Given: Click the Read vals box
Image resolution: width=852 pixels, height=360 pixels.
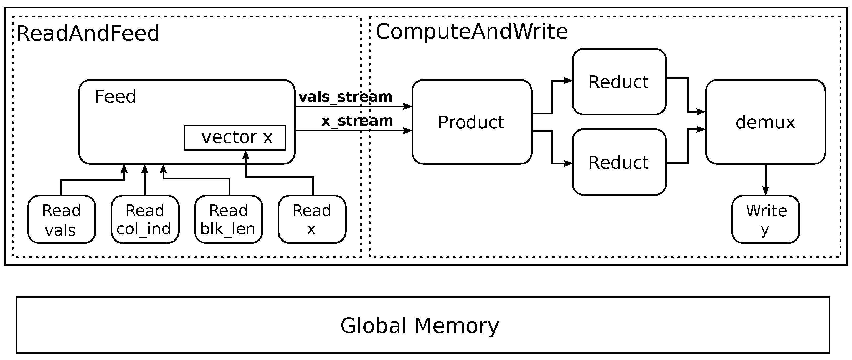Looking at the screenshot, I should pos(62,219).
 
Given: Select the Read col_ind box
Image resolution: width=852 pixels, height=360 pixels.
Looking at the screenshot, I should pos(145,219).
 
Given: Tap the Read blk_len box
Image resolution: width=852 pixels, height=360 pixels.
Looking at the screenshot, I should pos(229,219).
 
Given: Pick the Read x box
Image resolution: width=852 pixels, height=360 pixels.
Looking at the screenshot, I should pos(312,219).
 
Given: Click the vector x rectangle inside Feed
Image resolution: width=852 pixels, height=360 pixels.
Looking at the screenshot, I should pos(235,137).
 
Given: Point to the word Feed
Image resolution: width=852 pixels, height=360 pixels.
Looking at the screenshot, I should pos(115,97).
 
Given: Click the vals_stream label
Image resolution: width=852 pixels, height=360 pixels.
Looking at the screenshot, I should pos(345,97).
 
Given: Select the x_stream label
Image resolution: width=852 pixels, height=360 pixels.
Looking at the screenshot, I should pos(357,121).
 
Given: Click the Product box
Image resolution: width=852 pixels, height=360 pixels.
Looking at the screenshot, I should pos(472,122).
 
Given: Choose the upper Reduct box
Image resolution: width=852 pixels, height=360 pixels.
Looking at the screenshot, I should pos(619,82).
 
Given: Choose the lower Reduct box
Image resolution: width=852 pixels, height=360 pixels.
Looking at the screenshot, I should pos(619,162).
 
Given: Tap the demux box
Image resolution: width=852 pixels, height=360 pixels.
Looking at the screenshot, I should pos(765,122).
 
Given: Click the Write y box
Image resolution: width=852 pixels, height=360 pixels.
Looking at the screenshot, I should pos(765,219).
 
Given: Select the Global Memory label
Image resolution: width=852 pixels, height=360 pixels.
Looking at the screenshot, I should pos(419,326).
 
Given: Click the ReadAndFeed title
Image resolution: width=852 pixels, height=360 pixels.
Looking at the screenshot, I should pos(88,33).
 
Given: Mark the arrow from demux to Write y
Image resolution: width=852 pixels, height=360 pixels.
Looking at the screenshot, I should pos(765,180).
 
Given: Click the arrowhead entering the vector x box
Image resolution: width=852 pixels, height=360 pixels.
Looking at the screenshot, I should pos(246,155).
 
